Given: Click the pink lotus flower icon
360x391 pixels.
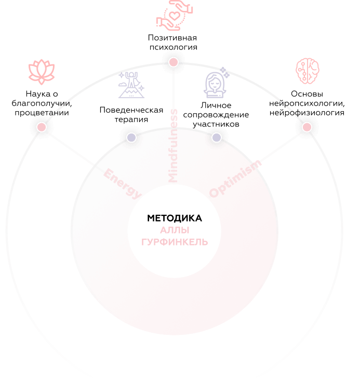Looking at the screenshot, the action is pyautogui.click(x=42, y=71).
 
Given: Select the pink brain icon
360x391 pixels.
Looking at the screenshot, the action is pyautogui.click(x=307, y=71).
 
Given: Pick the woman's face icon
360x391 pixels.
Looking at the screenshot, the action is pyautogui.click(x=215, y=84).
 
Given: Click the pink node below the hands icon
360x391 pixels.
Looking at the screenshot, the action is pyautogui.click(x=174, y=62).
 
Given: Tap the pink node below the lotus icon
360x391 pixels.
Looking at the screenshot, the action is pyautogui.click(x=42, y=126).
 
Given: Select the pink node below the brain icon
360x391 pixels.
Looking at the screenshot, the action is pyautogui.click(x=307, y=126).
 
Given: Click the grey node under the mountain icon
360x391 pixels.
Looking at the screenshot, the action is pyautogui.click(x=131, y=137).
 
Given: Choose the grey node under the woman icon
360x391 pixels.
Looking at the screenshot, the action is pyautogui.click(x=217, y=137).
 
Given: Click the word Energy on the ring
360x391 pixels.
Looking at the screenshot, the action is pyautogui.click(x=123, y=183).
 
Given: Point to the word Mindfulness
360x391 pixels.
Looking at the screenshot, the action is pyautogui.click(x=174, y=146).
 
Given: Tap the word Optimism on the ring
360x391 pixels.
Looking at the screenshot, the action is pyautogui.click(x=235, y=178).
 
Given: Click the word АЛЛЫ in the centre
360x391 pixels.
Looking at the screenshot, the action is pyautogui.click(x=175, y=230).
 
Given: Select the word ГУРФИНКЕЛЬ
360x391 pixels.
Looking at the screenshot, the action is pyautogui.click(x=175, y=242).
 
